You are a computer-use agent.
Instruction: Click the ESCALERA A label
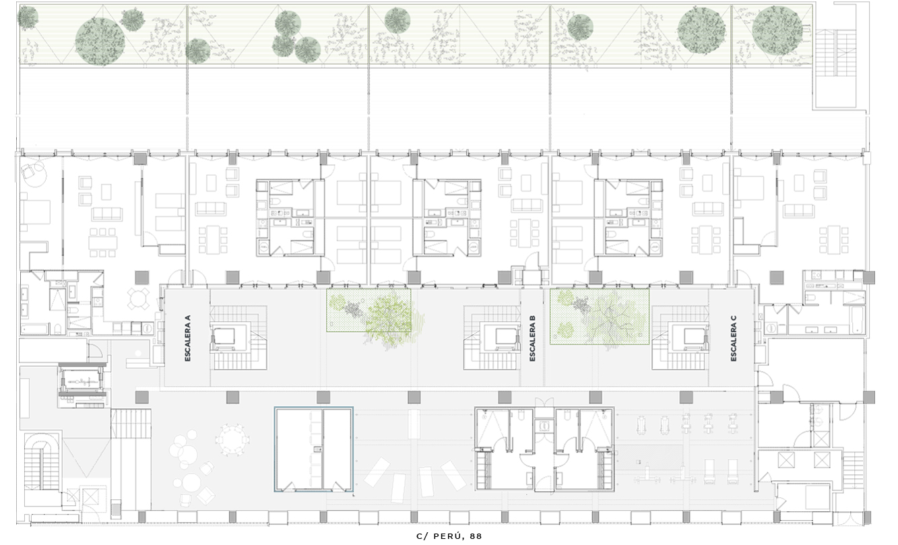point(188,338)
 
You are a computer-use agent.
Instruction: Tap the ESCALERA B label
point(532,338)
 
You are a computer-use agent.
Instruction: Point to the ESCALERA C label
point(734,338)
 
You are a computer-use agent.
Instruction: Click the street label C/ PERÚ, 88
point(449,536)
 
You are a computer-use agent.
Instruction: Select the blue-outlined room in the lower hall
point(313,449)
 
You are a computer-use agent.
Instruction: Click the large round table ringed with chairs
point(232,439)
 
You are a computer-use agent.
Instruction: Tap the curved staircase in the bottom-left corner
point(42,466)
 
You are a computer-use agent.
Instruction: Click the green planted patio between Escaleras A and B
point(368,311)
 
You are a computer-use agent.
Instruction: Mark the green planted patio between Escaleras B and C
point(600,317)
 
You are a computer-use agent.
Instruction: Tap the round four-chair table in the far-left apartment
point(138,298)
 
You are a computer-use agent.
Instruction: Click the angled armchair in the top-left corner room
point(28,173)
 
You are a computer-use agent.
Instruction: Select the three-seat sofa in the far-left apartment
point(107,214)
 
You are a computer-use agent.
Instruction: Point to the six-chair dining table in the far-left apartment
point(103,243)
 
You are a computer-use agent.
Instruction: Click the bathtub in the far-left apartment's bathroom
point(35,329)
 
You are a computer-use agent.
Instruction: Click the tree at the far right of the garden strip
point(777,30)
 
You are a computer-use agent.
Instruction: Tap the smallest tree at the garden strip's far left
point(28,17)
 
